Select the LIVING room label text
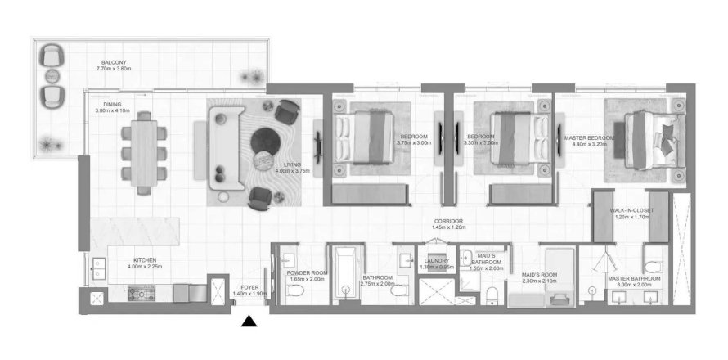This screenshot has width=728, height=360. [282, 166]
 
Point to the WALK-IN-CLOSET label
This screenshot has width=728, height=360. [629, 211]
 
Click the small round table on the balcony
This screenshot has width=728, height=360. [53, 76]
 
